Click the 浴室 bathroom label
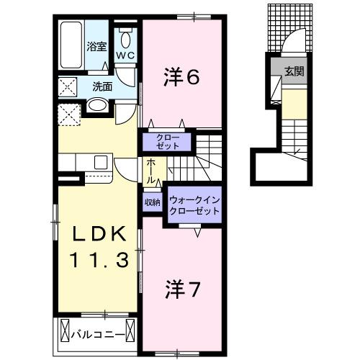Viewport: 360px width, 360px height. [96, 47]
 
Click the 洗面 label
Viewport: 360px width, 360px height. [102, 86]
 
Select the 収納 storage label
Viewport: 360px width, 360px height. [152, 202]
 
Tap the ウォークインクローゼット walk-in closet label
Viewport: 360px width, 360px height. [194, 205]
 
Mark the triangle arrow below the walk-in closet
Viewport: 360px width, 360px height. [199, 232]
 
